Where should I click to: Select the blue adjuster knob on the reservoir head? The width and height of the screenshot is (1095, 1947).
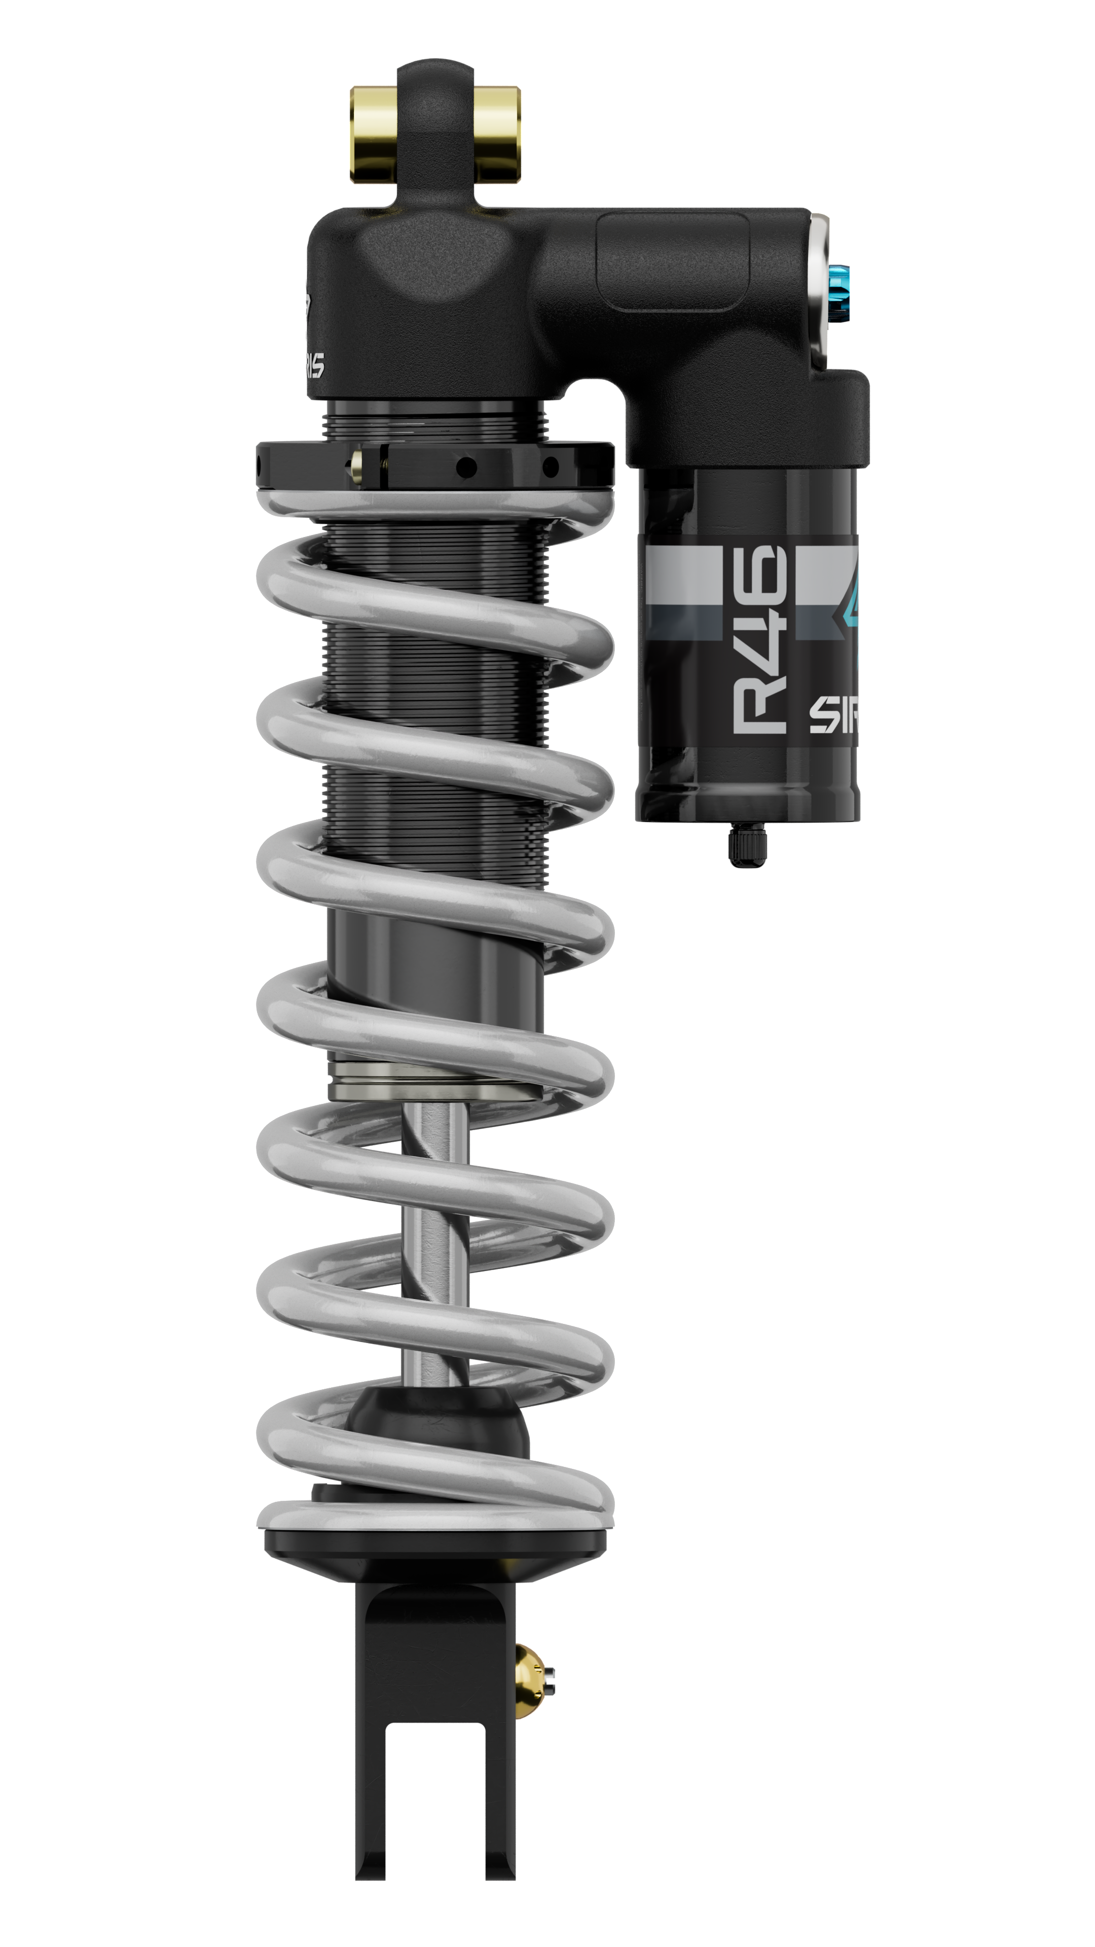(x=839, y=293)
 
